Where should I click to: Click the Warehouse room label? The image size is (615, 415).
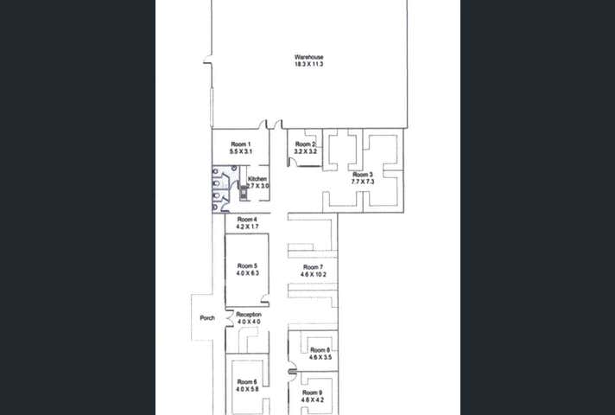coord(308,58)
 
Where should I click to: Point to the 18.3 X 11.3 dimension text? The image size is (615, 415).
coord(308,65)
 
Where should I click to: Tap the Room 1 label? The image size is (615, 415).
coord(240,144)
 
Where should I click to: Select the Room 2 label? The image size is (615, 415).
coord(305,144)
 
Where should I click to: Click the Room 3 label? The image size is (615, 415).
coord(362,174)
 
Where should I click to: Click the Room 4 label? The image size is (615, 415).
coord(248,220)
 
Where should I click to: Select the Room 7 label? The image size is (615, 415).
coord(313,266)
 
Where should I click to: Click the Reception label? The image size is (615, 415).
coord(249,315)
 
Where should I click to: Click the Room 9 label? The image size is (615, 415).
coord(313,393)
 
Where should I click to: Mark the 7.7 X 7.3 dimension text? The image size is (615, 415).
coord(362,181)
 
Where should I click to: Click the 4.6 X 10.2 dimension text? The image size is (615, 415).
coord(313,274)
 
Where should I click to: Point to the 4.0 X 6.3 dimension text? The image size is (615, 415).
coord(248,273)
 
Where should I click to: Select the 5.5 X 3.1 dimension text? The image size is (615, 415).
coord(240,151)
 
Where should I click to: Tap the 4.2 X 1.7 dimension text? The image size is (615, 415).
coord(248,227)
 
